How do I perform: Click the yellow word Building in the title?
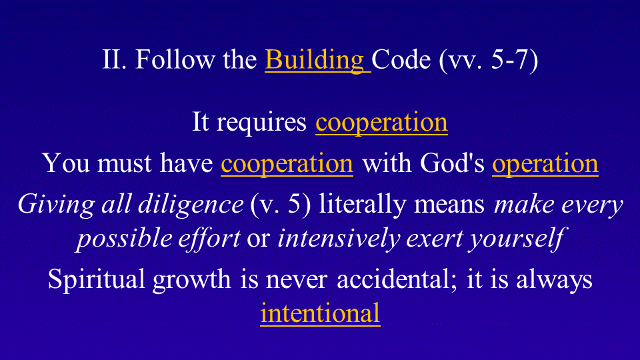(315, 61)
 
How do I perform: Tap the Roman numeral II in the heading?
(115, 59)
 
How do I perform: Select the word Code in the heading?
(401, 59)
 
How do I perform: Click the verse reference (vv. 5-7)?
(489, 61)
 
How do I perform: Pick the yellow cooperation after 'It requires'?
(381, 123)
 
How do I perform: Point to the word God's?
(452, 163)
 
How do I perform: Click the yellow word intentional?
(321, 314)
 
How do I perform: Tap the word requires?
(261, 123)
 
